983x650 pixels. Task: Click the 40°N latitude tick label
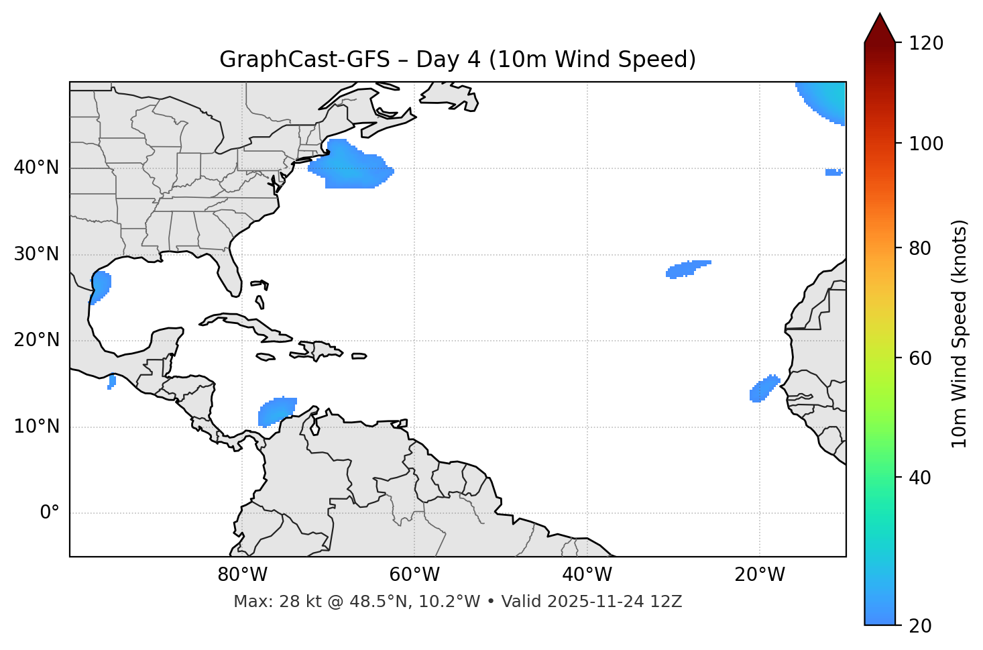(37, 168)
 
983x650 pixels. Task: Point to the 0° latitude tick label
(50, 513)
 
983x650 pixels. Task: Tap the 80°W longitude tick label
(242, 575)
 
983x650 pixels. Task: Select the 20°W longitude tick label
(760, 575)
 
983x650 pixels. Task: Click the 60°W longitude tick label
(414, 575)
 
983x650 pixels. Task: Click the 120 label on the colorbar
(926, 44)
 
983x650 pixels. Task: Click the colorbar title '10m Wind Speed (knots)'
(960, 333)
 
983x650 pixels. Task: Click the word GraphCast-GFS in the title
(304, 60)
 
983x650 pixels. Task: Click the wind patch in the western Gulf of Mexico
(101, 286)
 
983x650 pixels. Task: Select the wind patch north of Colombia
(276, 411)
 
